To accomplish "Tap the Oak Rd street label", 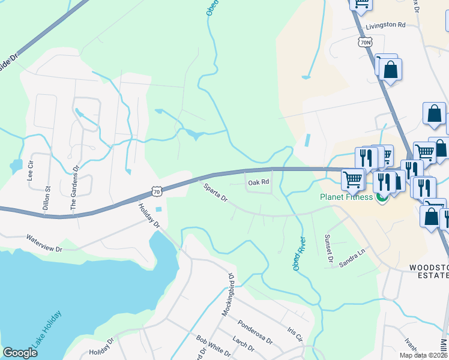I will [x=259, y=182].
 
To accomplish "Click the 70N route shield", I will [x=364, y=42].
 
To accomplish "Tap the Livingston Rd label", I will [x=387, y=25].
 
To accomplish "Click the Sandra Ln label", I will [x=352, y=259].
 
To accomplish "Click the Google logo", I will [x=20, y=353].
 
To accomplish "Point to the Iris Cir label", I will [x=294, y=332].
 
